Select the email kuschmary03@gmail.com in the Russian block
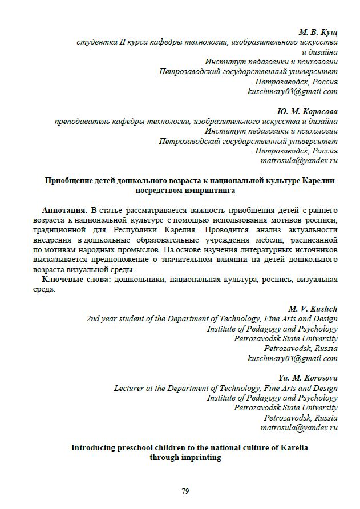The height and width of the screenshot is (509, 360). click(x=292, y=91)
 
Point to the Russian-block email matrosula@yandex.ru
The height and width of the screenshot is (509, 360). click(x=299, y=161)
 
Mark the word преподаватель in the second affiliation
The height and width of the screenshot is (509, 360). click(x=82, y=121)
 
